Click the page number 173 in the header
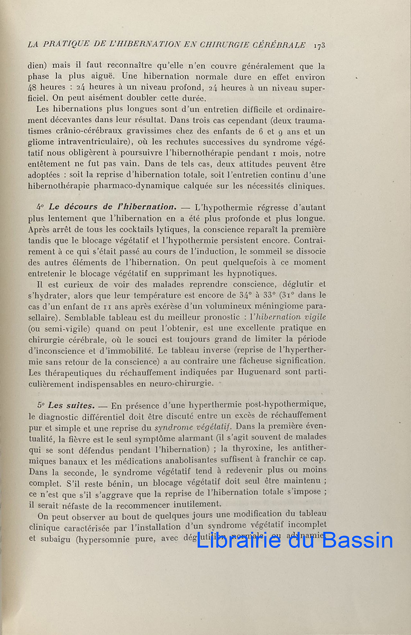[x=319, y=45]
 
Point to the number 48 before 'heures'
[x=33, y=88]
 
